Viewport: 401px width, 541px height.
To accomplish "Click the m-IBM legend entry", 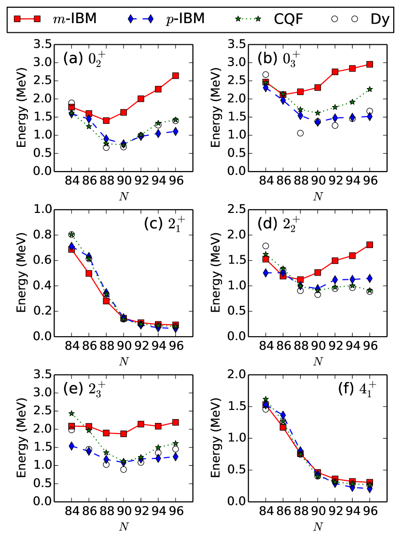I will click(x=75, y=19).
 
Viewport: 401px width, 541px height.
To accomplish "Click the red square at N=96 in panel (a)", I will click(x=176, y=76).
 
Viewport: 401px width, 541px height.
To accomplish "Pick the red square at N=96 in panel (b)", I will click(x=370, y=64).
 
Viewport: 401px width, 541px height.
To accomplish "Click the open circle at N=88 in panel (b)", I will click(x=300, y=133).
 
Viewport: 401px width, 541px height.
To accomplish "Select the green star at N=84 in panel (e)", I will click(x=71, y=413).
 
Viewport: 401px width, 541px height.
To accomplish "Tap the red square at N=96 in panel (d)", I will click(x=370, y=245).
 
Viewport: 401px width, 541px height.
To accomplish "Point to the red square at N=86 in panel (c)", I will click(x=89, y=273).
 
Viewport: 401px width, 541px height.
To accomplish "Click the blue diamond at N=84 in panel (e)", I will click(x=71, y=446).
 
